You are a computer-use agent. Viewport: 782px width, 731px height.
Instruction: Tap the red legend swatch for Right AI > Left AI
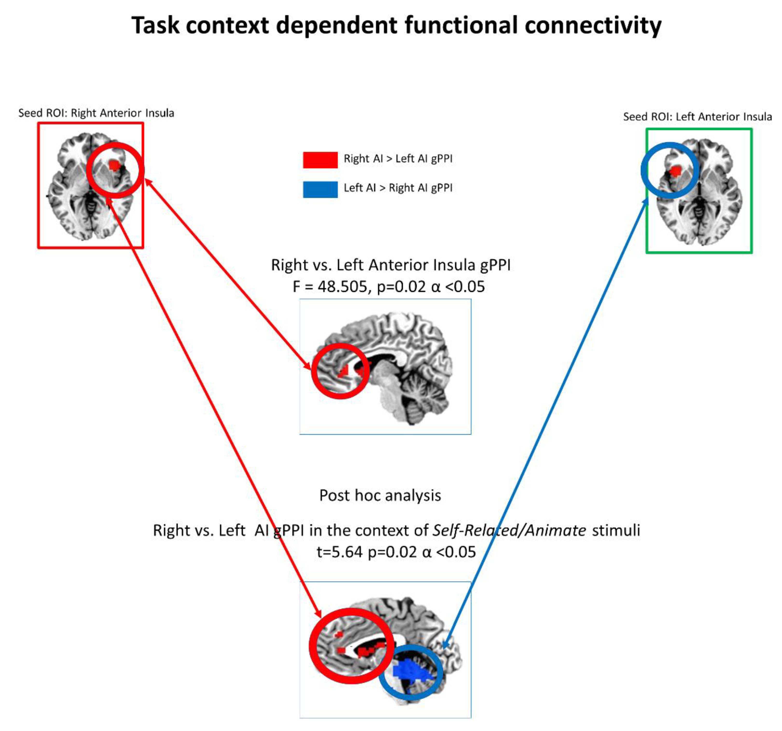click(x=320, y=160)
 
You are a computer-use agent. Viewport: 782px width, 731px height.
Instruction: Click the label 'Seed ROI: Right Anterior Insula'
click(x=96, y=113)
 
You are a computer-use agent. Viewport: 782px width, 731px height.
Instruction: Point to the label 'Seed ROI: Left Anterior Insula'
click(x=697, y=117)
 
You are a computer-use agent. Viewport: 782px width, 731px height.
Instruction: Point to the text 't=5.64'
click(x=339, y=552)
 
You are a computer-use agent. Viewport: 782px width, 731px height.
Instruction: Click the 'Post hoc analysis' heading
click(x=380, y=496)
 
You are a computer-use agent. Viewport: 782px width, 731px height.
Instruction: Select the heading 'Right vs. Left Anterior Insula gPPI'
click(x=390, y=265)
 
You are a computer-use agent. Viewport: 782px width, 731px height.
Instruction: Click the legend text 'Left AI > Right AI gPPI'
click(x=398, y=188)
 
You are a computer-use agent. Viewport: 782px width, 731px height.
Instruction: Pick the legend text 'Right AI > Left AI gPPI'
click(x=398, y=159)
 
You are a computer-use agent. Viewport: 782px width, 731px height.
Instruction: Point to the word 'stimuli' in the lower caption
click(x=616, y=531)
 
